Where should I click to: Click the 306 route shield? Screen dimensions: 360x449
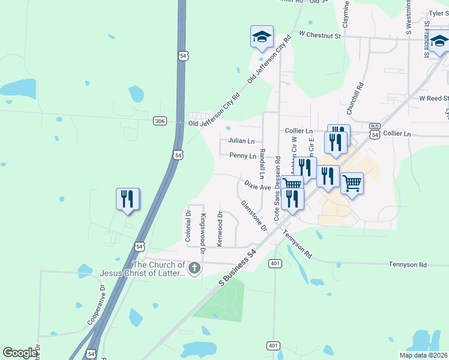click(x=159, y=121)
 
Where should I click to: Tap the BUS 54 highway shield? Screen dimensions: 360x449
click(x=375, y=131)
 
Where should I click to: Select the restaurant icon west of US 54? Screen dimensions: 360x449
click(x=127, y=199)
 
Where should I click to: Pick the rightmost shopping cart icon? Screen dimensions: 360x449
click(x=352, y=183)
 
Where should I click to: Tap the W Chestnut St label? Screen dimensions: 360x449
click(x=320, y=35)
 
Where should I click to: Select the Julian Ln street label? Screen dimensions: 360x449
click(x=241, y=141)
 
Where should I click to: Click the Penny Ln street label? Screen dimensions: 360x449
click(x=243, y=156)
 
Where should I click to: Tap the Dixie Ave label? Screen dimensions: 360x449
click(x=257, y=187)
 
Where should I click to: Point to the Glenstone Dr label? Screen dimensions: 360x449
click(x=253, y=215)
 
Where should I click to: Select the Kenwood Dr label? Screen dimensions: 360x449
click(x=220, y=228)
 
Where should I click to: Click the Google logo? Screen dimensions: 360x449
click(x=20, y=353)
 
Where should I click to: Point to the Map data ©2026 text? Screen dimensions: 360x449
click(x=423, y=355)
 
